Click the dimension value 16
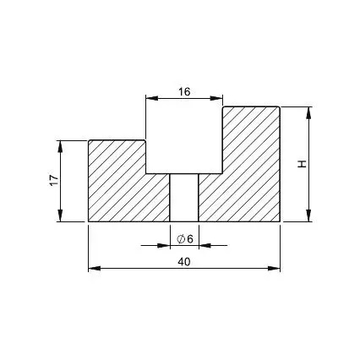tap(184, 91)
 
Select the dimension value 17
tap(54, 181)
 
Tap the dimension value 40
tap(184, 262)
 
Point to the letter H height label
tap(302, 164)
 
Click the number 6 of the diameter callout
tap(190, 239)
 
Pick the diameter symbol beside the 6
tap(181, 239)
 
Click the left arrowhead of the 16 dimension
tap(151, 98)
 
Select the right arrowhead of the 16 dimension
tap(217, 98)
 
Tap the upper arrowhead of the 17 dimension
tap(60, 146)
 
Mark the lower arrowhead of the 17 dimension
tap(60, 215)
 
